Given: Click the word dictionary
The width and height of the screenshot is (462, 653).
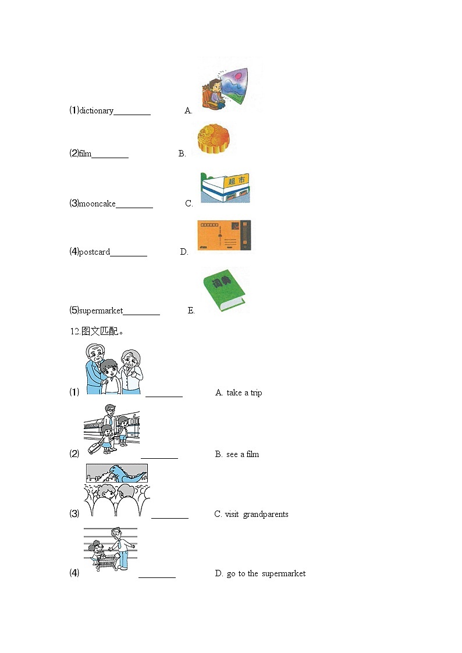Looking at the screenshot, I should point(97,110).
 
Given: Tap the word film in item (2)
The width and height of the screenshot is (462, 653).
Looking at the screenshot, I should point(85,154).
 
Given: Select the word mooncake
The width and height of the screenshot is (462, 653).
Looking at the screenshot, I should point(97,204).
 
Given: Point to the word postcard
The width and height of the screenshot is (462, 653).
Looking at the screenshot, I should point(94,252).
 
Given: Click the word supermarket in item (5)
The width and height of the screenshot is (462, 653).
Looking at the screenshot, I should point(101,311).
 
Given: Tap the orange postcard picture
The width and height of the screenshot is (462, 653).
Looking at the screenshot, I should point(224,235).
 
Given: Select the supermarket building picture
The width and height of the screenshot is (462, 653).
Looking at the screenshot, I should point(225,188).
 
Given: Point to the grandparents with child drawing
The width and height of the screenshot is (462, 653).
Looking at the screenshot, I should point(113,370).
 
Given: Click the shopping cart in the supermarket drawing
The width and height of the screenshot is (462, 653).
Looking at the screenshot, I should point(106,561).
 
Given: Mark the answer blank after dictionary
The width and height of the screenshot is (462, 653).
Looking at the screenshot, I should point(132,112).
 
